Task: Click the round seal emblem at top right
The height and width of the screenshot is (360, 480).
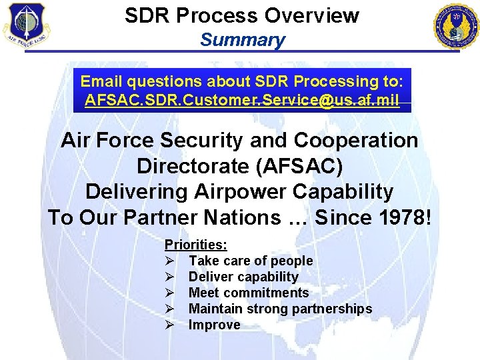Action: click(x=455, y=26)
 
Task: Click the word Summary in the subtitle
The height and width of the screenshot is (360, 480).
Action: click(x=242, y=39)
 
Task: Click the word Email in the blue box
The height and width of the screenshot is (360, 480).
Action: click(x=103, y=81)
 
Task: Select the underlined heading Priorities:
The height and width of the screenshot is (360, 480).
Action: click(x=195, y=245)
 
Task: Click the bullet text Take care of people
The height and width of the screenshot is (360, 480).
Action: click(x=251, y=261)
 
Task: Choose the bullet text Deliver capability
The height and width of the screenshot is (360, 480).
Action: click(x=243, y=277)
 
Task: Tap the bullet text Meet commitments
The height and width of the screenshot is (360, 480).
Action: click(x=249, y=293)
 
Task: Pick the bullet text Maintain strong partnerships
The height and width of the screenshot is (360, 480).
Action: click(x=280, y=309)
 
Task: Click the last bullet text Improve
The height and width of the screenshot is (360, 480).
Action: click(x=214, y=325)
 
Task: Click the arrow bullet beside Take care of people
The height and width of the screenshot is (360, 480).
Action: click(x=170, y=261)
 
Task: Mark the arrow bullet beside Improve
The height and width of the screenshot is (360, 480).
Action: click(x=170, y=325)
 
